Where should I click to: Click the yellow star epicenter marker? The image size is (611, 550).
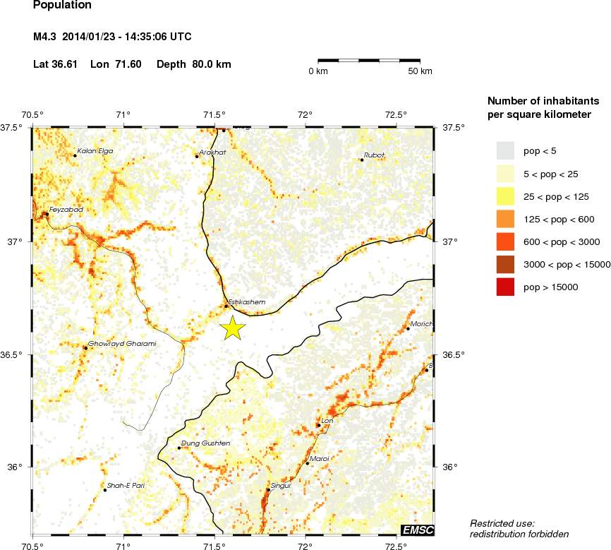click(x=232, y=328)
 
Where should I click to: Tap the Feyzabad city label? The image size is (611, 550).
click(x=66, y=210)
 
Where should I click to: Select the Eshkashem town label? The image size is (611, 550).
click(x=246, y=302)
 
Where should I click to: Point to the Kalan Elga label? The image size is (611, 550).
click(x=95, y=151)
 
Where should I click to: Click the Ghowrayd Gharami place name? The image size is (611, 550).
click(x=121, y=344)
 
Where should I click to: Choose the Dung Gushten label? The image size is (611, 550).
click(x=205, y=443)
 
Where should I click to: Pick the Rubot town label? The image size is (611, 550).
click(x=374, y=155)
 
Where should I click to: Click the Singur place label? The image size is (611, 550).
click(x=281, y=485)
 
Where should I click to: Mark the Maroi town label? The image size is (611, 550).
click(x=320, y=459)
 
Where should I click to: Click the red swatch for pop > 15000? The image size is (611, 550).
click(x=505, y=287)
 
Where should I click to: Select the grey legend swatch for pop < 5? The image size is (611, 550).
click(x=505, y=150)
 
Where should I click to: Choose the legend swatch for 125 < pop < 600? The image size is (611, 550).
click(x=505, y=219)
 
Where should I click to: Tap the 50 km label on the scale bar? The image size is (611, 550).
click(x=421, y=71)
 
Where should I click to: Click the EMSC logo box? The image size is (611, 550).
click(x=417, y=530)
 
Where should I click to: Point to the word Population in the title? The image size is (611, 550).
click(x=62, y=6)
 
